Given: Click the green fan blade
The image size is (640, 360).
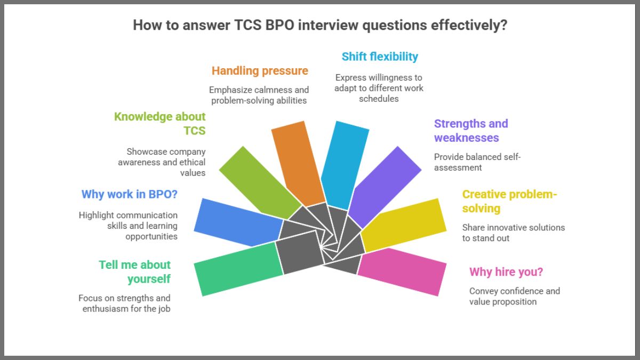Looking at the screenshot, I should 238,269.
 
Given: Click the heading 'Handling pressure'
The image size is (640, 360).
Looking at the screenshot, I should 260,70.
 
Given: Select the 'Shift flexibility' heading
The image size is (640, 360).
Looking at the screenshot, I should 380,57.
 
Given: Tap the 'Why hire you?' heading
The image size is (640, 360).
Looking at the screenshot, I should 506,272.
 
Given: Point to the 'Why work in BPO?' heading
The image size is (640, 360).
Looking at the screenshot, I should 130,194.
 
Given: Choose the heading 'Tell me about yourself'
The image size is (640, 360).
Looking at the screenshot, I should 135,271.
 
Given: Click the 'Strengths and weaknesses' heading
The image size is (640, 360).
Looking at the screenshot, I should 470,131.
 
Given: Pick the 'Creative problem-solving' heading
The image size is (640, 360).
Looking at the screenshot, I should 509,201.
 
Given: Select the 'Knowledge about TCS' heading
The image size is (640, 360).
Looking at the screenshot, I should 160,123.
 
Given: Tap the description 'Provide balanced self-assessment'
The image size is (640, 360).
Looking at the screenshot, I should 477,162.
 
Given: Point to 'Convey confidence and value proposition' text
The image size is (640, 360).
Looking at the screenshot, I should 514,296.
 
